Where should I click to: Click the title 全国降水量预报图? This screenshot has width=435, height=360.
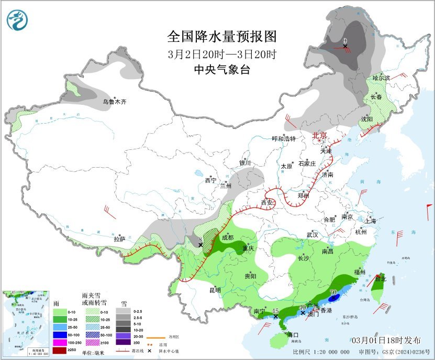(x=222, y=37)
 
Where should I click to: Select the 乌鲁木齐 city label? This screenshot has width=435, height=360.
(x=114, y=102)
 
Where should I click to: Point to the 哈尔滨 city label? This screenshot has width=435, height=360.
(x=381, y=78)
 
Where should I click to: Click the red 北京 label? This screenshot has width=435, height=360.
(x=319, y=135)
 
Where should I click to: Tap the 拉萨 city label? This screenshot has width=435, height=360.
(x=119, y=239)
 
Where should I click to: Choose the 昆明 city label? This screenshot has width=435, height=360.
(x=215, y=290)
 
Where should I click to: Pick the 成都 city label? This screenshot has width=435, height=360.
(x=228, y=237)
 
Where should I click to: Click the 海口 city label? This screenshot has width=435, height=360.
(x=293, y=335)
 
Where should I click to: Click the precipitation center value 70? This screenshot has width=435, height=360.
(x=333, y=292)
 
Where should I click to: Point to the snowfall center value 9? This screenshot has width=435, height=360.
(x=345, y=41)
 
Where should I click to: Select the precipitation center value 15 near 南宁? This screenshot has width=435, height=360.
(x=275, y=311)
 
